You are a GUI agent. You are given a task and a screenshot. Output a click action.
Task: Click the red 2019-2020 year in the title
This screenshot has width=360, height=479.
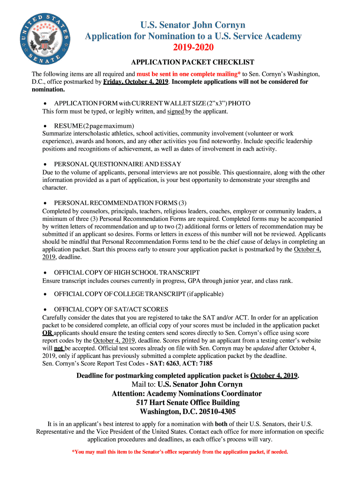point(193,48)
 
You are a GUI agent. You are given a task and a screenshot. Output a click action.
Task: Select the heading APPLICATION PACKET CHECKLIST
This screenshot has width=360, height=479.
point(193,62)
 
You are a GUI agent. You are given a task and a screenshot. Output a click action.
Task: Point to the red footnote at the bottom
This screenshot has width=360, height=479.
point(180,452)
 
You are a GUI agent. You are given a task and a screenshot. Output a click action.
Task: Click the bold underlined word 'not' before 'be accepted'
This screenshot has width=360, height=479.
point(59,348)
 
